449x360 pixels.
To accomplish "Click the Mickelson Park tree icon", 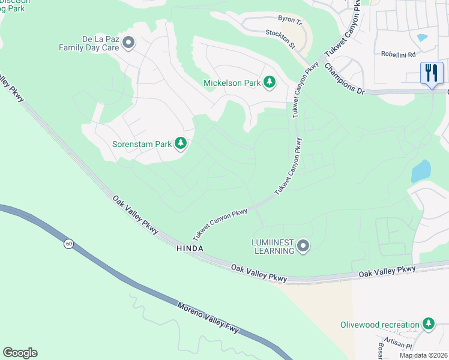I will pos(270,82).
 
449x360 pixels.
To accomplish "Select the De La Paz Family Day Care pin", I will pos(128,42).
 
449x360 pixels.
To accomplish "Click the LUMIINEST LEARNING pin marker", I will pos(303,245).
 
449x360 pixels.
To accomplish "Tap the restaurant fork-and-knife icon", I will pos(432,74).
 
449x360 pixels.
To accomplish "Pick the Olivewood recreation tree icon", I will pos(428,325).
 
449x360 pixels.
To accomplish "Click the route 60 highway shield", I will pos(69,243).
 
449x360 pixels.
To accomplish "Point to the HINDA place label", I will pos(190,248).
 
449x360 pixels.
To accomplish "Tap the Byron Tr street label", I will pos(291,20).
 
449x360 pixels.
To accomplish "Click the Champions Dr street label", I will pos(345,79).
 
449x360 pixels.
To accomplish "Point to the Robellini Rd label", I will pos(399,54).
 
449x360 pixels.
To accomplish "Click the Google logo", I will pos(20,353).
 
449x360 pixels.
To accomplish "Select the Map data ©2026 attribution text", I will pos(423,355).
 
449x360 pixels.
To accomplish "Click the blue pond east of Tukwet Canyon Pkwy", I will pos(421,171).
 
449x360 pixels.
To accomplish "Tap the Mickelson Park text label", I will pos(232,83).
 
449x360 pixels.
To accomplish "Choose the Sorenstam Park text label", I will pos(142,144).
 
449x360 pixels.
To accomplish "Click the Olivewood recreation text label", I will pos(379,325).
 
